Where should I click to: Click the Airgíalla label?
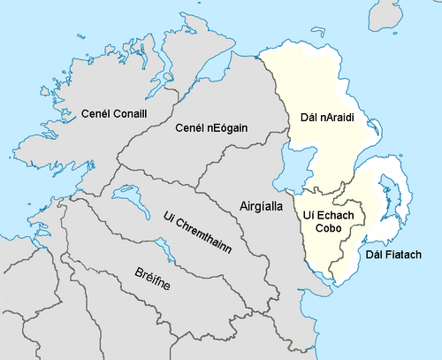tap(262, 206)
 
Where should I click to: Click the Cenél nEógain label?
tap(211, 128)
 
